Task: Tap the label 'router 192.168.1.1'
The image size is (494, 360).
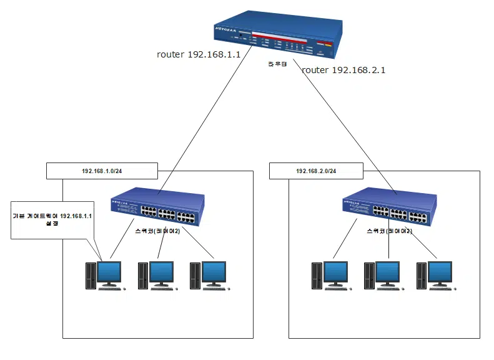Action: click(x=199, y=55)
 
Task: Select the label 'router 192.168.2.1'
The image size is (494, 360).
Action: click(x=343, y=70)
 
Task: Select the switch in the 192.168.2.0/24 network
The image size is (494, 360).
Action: click(x=388, y=207)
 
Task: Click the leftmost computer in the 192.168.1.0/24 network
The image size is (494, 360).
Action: click(x=104, y=275)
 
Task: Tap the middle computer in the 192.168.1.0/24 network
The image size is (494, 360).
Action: click(x=156, y=275)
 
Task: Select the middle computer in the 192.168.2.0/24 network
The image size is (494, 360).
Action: click(x=382, y=275)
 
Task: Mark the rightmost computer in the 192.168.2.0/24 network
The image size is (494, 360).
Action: click(x=435, y=275)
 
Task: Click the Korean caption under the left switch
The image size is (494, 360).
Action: click(x=157, y=231)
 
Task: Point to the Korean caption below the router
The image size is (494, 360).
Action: click(x=277, y=64)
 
